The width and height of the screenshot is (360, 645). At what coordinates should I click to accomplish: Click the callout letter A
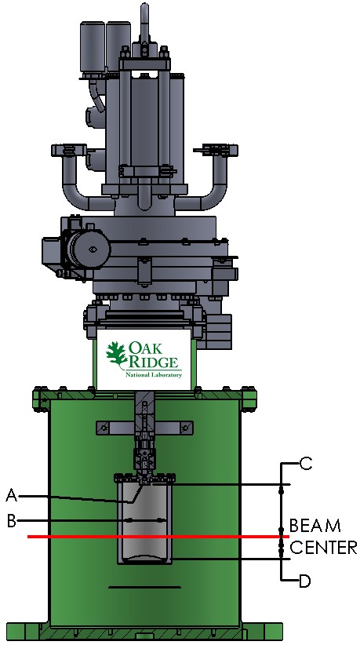click(x=12, y=495)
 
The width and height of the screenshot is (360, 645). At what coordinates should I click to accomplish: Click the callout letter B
click(x=12, y=521)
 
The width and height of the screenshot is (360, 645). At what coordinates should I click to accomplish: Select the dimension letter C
click(x=305, y=464)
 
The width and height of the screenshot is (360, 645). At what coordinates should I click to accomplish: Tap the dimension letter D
click(x=304, y=581)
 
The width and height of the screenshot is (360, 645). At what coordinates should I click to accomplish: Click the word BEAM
click(x=315, y=525)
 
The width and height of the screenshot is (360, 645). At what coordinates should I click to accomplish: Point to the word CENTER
click(x=323, y=548)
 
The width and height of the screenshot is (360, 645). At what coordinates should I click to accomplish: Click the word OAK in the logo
click(x=145, y=348)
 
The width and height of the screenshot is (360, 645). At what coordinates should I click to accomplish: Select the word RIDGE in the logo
click(x=153, y=362)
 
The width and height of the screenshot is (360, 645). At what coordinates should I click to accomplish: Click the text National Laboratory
click(x=153, y=375)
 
